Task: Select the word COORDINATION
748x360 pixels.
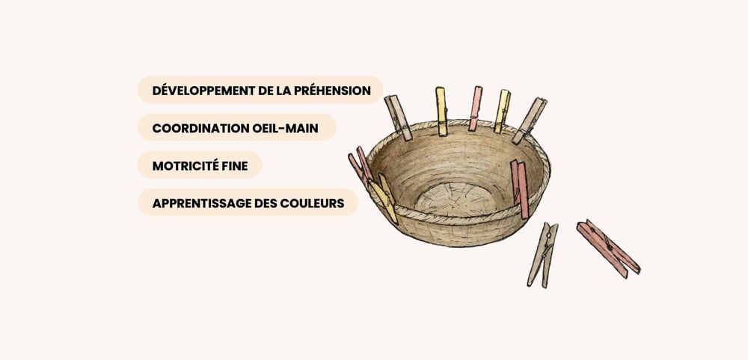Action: click(x=200, y=128)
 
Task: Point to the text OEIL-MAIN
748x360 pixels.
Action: click(x=285, y=128)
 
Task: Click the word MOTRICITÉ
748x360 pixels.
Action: click(x=184, y=165)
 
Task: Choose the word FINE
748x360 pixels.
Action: click(x=233, y=165)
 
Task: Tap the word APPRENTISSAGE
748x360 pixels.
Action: click(x=197, y=204)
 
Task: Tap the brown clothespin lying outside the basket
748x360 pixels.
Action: click(x=543, y=254)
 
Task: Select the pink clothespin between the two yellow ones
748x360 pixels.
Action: click(x=475, y=109)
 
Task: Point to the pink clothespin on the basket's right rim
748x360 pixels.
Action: click(x=520, y=189)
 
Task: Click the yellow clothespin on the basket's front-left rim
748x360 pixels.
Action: click(x=384, y=198)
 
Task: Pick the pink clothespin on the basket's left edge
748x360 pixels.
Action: click(x=361, y=166)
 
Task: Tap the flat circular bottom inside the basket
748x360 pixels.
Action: click(x=455, y=198)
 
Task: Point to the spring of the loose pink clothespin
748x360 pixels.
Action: click(x=608, y=246)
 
